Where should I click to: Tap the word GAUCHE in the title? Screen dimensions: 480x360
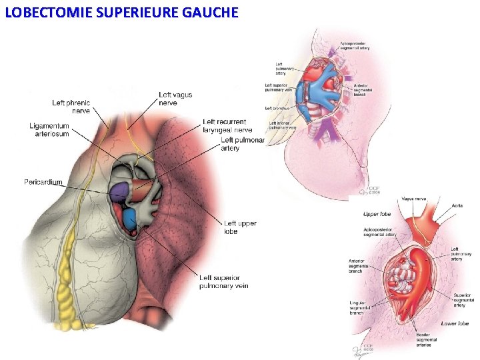point(207,12)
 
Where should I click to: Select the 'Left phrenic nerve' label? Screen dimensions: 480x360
point(71,107)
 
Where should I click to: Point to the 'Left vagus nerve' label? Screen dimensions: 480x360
point(175,99)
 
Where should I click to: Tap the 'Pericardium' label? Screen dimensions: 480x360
point(43,182)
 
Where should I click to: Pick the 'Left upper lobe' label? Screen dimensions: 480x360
point(239,227)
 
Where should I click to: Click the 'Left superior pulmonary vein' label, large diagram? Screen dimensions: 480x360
point(223,281)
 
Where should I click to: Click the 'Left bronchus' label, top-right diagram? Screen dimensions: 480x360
point(276,107)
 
